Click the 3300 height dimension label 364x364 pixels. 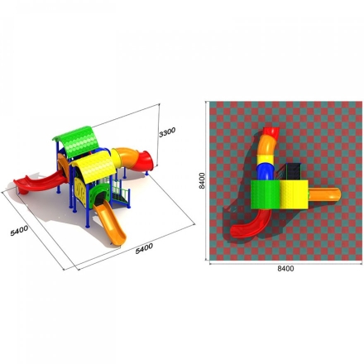click(167, 132)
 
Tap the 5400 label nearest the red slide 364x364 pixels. click(19, 231)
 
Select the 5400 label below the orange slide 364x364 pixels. click(144, 248)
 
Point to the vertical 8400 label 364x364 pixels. click(202, 180)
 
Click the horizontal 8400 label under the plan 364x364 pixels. click(285, 269)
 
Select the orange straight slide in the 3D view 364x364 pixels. click(110, 222)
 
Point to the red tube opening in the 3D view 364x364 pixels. click(145, 160)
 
